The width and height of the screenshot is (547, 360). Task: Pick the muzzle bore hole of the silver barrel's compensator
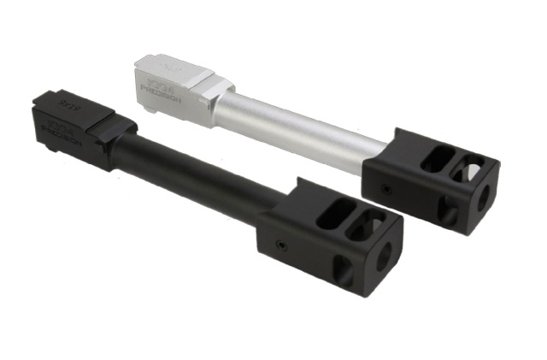point(484,196)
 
